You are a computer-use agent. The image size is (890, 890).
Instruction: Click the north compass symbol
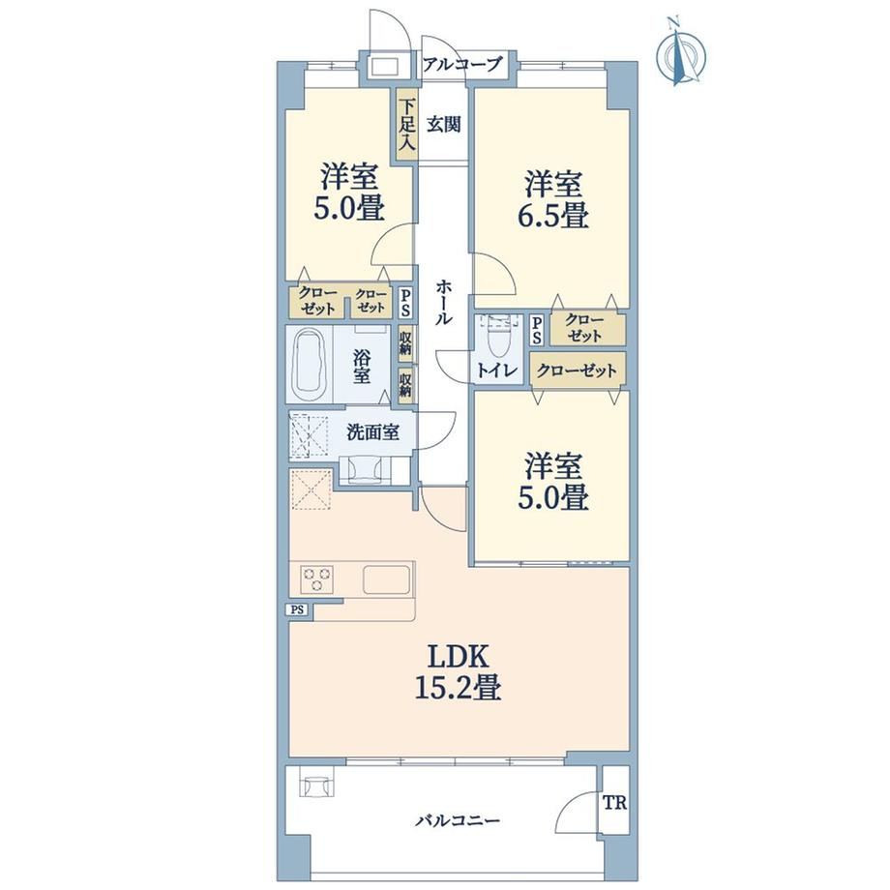(x=681, y=54)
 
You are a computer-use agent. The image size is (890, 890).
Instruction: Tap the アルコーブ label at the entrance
(x=462, y=64)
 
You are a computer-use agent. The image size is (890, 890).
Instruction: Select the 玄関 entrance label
(x=443, y=124)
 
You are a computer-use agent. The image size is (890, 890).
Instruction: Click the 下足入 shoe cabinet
(x=406, y=124)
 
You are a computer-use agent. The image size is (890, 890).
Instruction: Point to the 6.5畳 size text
(x=552, y=217)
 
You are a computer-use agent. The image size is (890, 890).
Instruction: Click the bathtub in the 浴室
(x=310, y=365)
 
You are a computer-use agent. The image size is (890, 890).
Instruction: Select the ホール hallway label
(x=444, y=303)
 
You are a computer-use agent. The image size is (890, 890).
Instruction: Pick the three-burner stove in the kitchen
(x=317, y=579)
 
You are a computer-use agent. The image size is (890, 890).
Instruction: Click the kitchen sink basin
(x=386, y=579)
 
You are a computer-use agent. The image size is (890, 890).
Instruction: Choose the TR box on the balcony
(x=615, y=803)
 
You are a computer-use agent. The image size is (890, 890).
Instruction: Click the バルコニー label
(x=458, y=820)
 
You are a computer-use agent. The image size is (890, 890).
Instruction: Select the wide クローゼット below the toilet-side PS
(x=578, y=371)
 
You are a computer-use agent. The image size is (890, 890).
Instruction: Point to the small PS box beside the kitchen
(x=297, y=610)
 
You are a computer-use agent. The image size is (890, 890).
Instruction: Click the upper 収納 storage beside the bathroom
(x=405, y=342)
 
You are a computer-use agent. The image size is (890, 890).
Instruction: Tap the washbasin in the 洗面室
(x=364, y=470)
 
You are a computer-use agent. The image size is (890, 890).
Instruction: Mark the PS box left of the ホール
(x=406, y=303)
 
